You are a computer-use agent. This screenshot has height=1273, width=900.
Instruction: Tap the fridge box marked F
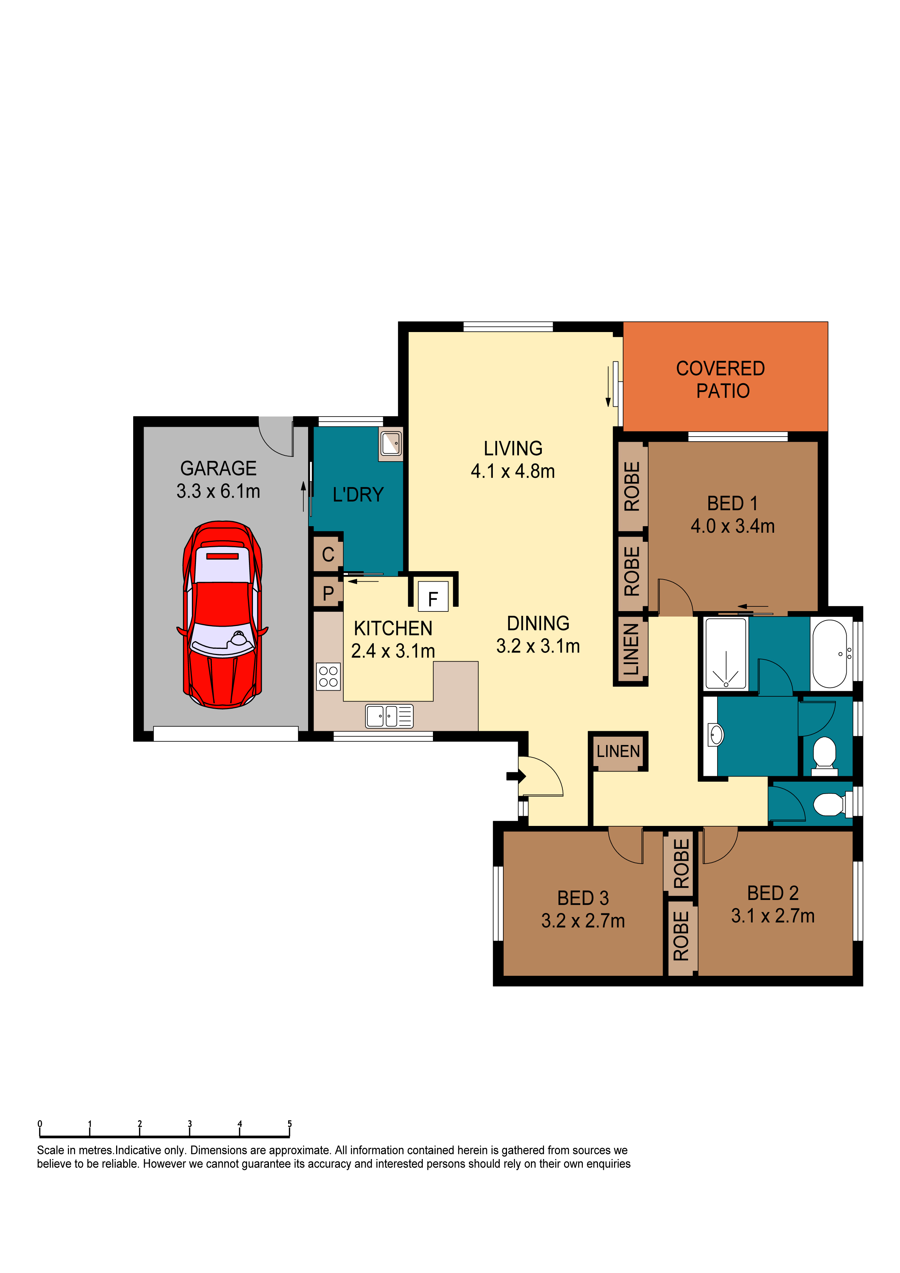433,597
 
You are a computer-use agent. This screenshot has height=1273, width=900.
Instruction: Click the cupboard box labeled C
328,554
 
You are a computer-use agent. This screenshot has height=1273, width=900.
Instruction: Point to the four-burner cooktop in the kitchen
328,676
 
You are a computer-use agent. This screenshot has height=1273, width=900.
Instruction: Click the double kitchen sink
389,716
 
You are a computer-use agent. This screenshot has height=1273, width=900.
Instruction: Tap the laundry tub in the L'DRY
391,443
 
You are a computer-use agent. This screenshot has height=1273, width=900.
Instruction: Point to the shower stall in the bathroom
725,653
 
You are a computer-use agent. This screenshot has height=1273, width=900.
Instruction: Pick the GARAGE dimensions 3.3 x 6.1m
218,491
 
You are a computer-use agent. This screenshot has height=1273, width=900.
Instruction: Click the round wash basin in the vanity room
716,735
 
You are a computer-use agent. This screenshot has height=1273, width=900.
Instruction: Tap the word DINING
538,623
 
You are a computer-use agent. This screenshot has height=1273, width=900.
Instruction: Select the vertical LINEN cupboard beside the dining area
630,649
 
